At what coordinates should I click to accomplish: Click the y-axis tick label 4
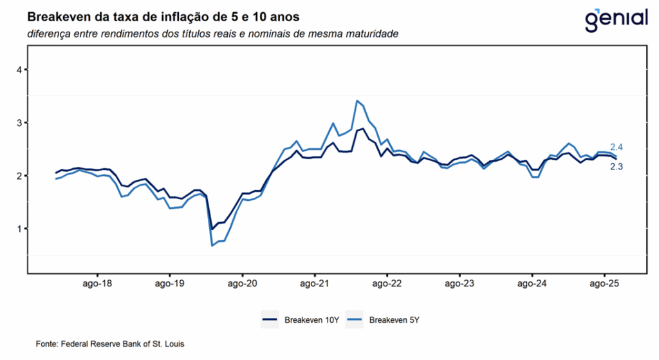(x=19, y=70)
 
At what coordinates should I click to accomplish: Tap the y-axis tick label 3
(x=19, y=122)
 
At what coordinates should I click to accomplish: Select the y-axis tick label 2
(x=19, y=176)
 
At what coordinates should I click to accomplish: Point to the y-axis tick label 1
(x=19, y=229)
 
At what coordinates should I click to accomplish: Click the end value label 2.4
(x=617, y=148)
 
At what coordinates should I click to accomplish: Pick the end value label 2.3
(x=617, y=167)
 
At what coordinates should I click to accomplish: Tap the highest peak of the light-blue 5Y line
(x=357, y=100)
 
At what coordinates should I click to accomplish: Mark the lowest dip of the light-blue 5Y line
(x=212, y=245)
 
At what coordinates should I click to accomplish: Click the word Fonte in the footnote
(x=46, y=345)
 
